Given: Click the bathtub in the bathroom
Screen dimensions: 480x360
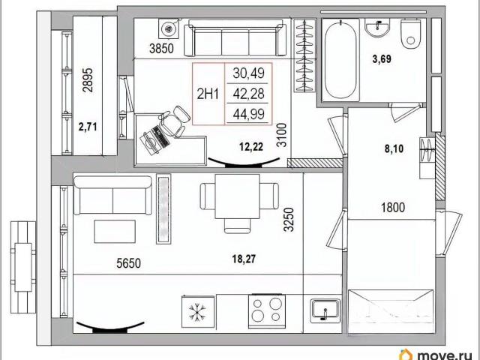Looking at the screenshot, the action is pyautogui.click(x=340, y=60).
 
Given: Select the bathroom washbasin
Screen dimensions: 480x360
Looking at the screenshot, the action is pyautogui.click(x=377, y=28).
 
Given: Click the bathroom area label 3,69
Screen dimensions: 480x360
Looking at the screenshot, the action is pyautogui.click(x=382, y=58).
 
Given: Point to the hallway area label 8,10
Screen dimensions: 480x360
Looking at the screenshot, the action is pyautogui.click(x=394, y=149).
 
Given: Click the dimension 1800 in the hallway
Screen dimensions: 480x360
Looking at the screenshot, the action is pyautogui.click(x=393, y=208).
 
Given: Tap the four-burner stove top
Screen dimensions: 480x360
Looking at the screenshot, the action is pyautogui.click(x=267, y=311).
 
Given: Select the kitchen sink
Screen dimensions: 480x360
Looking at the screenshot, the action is pyautogui.click(x=325, y=311).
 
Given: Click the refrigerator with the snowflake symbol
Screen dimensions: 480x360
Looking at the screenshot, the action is pyautogui.click(x=198, y=312).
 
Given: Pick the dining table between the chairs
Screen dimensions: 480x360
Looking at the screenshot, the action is pyautogui.click(x=237, y=196).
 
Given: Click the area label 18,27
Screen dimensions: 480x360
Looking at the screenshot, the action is pyautogui.click(x=244, y=259).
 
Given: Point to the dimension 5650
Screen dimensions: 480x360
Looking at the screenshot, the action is pyautogui.click(x=128, y=263).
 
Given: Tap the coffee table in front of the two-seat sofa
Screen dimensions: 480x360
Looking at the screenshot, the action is pyautogui.click(x=115, y=232).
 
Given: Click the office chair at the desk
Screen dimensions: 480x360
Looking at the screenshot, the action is pyautogui.click(x=173, y=121).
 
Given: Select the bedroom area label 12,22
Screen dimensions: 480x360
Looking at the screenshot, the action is pyautogui.click(x=251, y=147).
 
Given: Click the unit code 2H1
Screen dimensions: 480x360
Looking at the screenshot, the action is pyautogui.click(x=208, y=94).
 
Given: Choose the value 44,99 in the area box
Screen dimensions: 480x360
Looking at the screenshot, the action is pyautogui.click(x=248, y=114).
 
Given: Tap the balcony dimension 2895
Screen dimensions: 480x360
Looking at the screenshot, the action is pyautogui.click(x=88, y=80).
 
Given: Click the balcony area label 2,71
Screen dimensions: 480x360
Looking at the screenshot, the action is pyautogui.click(x=88, y=127).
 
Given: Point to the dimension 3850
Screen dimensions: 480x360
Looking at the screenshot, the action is pyautogui.click(x=161, y=48).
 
